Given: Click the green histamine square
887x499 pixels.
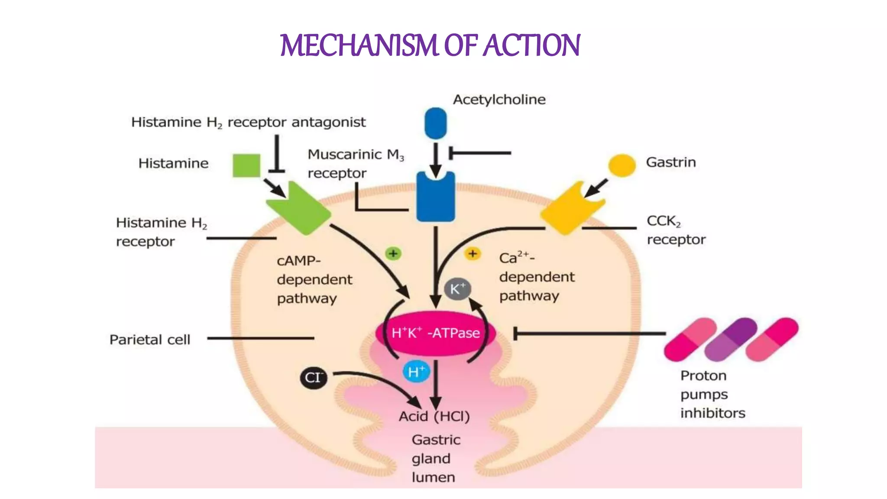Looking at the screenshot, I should click(246, 165).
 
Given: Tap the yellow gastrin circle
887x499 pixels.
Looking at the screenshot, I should click(622, 165).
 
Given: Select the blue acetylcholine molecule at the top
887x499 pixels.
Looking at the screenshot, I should click(435, 123).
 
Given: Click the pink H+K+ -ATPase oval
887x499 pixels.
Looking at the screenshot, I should click(435, 333).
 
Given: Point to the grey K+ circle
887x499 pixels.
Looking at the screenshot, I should click(457, 289).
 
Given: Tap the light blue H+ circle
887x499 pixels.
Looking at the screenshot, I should click(416, 372).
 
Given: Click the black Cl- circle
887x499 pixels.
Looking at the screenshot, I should click(313, 377).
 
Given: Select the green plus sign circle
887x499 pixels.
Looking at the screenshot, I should click(393, 253).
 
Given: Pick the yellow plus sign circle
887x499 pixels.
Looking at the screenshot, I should click(473, 253).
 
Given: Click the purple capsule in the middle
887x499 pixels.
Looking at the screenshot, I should click(731, 339).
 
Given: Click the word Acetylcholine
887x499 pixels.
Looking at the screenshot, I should click(499, 100).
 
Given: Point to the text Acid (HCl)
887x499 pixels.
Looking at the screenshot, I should click(434, 416).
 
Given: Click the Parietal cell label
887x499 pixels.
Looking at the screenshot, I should click(150, 340).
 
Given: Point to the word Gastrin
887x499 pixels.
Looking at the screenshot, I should click(670, 162).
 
